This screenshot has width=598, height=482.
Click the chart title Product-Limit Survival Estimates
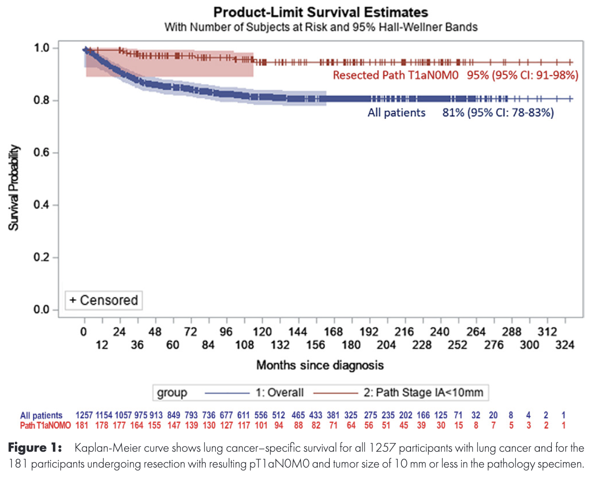321,12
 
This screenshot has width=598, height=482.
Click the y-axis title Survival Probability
14,188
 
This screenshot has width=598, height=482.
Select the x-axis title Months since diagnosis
320,365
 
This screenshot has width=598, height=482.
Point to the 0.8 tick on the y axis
42,101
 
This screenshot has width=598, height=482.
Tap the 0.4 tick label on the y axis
42,205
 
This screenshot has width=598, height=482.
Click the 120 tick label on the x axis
262,332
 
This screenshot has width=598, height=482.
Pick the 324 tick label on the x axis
565,345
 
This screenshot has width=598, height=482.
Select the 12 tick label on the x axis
102,345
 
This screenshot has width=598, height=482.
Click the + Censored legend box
104,300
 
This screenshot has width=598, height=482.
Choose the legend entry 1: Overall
279,393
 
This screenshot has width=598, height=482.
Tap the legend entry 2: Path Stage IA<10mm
423,393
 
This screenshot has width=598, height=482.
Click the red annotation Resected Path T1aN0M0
396,75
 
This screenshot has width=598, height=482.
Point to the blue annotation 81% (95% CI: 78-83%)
498,113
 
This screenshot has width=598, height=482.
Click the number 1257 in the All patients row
84,415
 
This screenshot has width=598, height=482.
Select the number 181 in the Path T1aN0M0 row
82,425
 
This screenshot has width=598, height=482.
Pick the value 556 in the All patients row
261,415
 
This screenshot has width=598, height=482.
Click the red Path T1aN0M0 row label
45,425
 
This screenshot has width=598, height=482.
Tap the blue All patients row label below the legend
41,415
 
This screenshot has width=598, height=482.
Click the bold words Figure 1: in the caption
35,448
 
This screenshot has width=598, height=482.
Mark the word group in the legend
172,393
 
